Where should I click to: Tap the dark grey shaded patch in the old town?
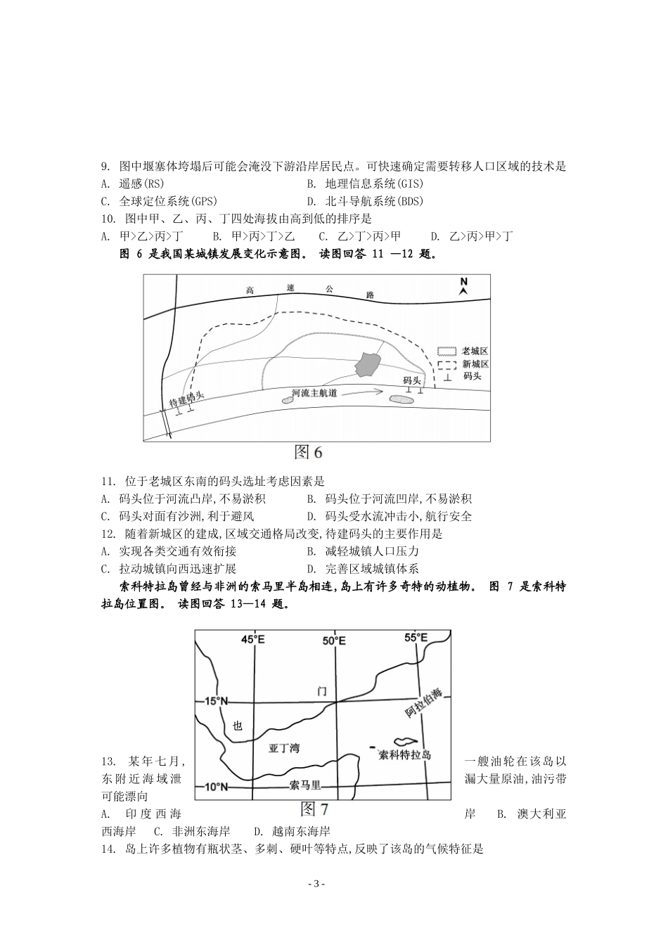click(368, 364)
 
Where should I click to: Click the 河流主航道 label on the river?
click(314, 392)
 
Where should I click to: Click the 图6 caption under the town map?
click(308, 452)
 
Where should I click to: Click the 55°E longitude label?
click(417, 638)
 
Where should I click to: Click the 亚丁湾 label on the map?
click(284, 748)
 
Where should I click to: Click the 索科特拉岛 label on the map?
click(404, 755)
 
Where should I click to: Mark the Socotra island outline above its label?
click(406, 741)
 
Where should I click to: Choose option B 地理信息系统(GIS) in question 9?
click(365, 184)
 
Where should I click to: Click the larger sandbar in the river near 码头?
click(403, 399)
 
